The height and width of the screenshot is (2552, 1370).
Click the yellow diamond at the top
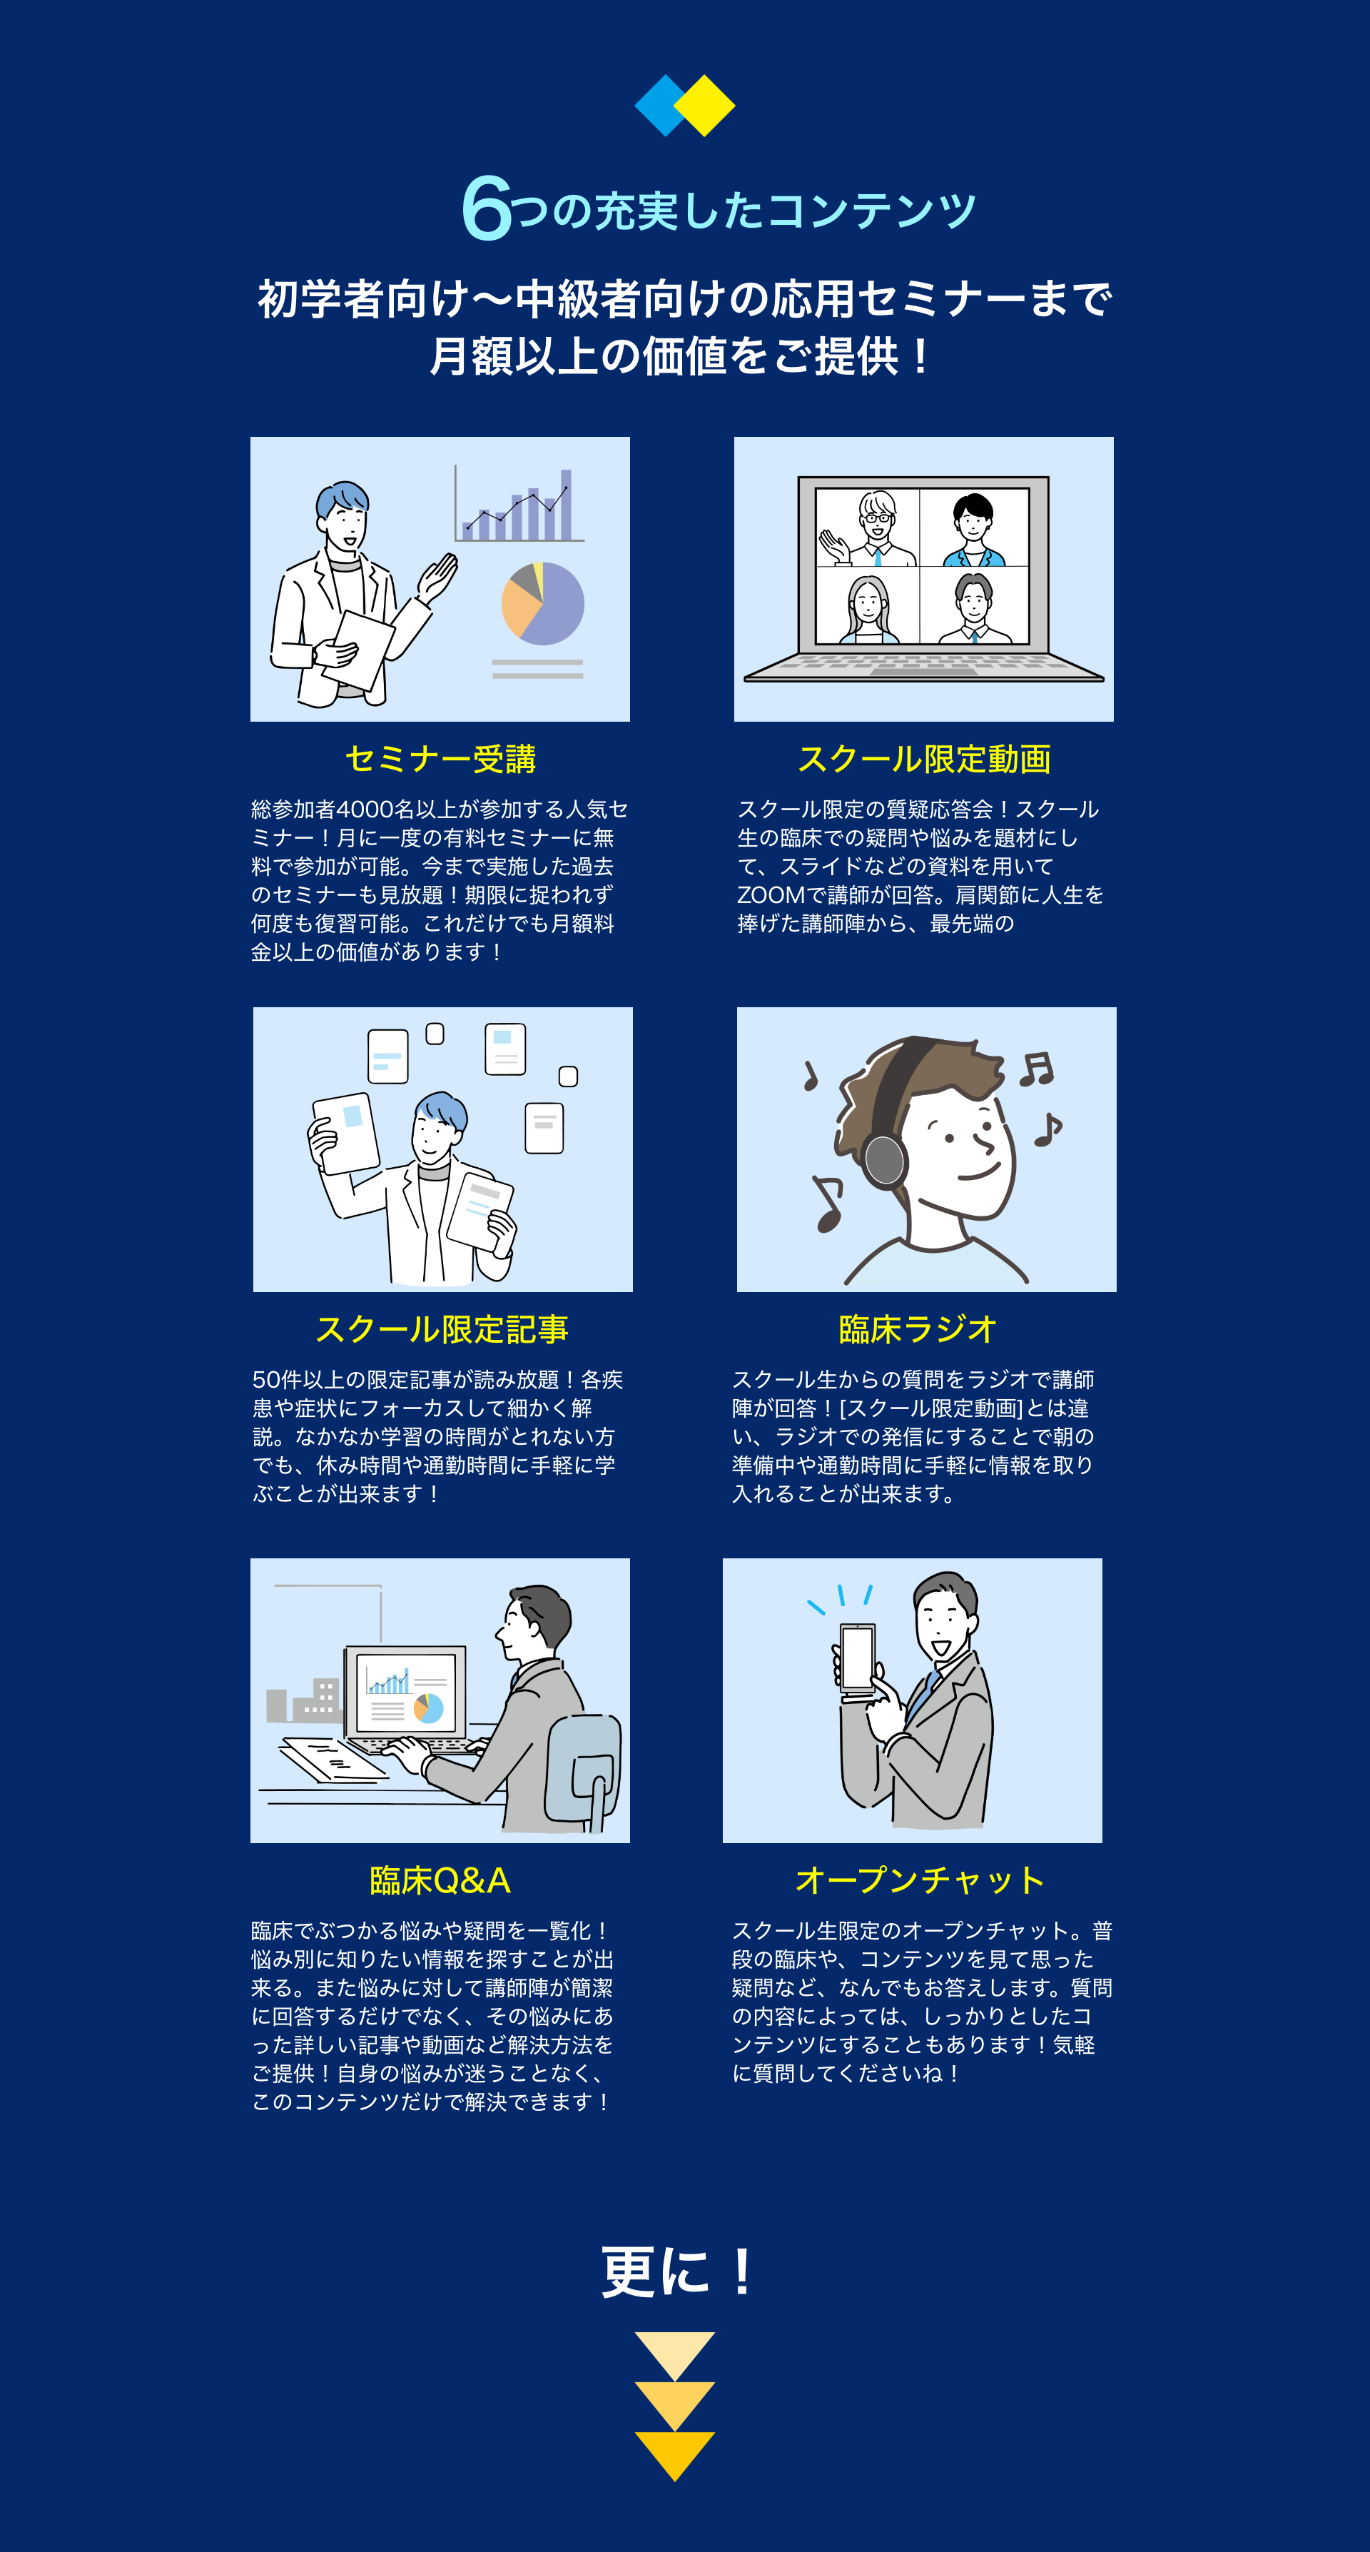pyautogui.click(x=704, y=105)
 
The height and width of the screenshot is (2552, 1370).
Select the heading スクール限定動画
pyautogui.click(x=924, y=759)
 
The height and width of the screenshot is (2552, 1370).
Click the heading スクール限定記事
pyautogui.click(x=442, y=1329)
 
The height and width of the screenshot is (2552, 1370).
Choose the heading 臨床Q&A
pyautogui.click(x=440, y=1880)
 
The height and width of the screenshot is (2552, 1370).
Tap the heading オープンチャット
pyautogui.click(x=920, y=1880)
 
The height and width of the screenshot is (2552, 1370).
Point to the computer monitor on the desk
pyautogui.click(x=405, y=1692)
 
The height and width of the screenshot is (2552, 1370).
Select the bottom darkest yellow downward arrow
pyautogui.click(x=674, y=2455)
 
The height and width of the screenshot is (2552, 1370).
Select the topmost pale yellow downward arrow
pyautogui.click(x=674, y=2355)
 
